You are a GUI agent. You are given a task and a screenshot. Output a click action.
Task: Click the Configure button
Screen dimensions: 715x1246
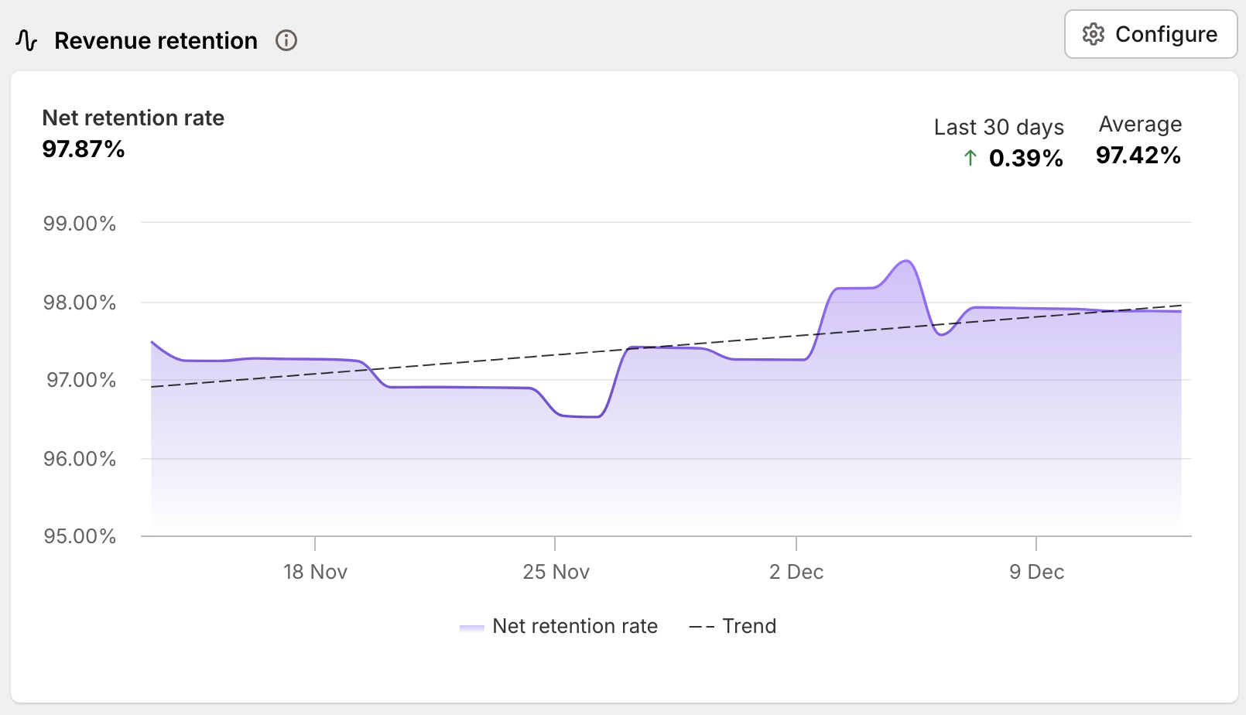point(1150,35)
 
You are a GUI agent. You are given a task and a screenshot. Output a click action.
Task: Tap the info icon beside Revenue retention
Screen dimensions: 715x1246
point(286,40)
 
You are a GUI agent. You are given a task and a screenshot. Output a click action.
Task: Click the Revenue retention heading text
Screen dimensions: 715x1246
point(156,40)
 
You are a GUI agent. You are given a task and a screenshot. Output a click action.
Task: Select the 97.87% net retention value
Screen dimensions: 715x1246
point(84,149)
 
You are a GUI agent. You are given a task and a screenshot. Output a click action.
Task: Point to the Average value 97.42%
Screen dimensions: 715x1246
point(1138,156)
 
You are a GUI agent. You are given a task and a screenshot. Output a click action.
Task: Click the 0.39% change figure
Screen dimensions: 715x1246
point(1025,159)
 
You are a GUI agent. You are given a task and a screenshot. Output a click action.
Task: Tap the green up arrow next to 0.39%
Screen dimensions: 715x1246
point(970,159)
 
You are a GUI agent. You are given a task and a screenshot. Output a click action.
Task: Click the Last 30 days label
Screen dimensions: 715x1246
point(998,127)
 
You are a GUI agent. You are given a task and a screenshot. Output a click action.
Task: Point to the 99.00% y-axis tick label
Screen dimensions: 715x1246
point(80,224)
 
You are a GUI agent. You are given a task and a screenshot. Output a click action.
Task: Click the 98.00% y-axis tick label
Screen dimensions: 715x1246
point(80,303)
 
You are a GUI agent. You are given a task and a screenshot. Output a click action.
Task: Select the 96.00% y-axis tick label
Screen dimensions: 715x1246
point(80,459)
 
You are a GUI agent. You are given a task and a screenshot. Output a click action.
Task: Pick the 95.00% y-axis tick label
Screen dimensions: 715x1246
point(80,536)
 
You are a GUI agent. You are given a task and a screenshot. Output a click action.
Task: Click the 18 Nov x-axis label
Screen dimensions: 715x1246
point(315,572)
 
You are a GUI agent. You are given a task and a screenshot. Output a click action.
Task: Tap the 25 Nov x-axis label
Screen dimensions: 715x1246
point(556,572)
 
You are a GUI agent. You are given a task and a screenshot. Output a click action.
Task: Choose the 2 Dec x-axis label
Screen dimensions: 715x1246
point(796,572)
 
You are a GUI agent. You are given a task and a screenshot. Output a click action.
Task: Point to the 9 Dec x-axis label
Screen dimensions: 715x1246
point(1036,572)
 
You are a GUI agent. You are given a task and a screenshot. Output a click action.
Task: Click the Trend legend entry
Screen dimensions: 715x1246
point(732,626)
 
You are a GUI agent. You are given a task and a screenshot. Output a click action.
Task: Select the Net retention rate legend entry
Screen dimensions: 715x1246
point(559,626)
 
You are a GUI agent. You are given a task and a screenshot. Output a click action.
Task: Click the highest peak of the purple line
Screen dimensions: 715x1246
point(906,261)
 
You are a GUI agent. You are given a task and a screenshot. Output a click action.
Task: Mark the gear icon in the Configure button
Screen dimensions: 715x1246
point(1094,35)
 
